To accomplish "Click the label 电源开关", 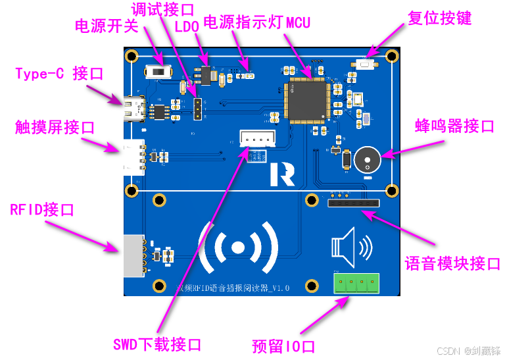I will click(106, 26).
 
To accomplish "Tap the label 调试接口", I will click(163, 9).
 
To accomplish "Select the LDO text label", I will click(188, 26).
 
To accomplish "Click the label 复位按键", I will click(439, 18).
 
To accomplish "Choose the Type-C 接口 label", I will click(59, 73).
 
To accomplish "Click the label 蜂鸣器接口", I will click(454, 126).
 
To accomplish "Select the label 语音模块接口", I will click(452, 264).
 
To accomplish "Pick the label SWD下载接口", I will click(157, 344).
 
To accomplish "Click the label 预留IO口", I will click(284, 346).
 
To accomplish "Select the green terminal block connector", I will click(356, 283).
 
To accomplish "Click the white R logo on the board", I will click(281, 173).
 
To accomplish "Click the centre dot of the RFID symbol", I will click(238, 247).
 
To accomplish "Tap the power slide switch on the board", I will click(158, 71).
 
